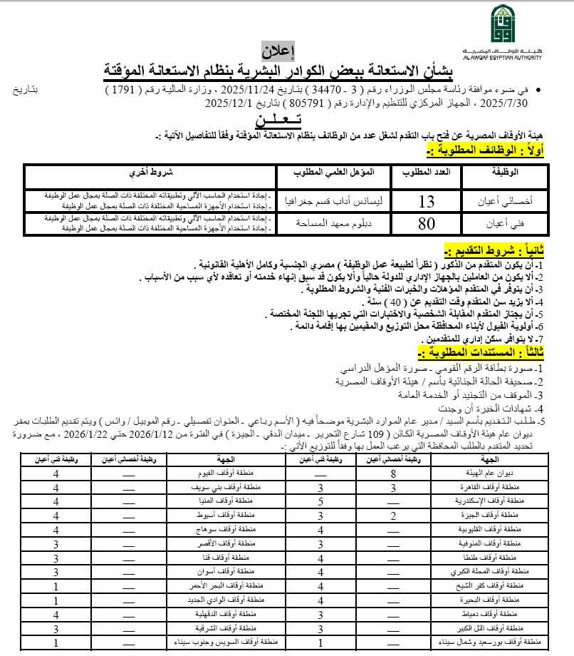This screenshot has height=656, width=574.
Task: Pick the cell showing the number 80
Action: [x=426, y=223]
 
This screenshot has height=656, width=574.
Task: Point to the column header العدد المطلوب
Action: [x=426, y=173]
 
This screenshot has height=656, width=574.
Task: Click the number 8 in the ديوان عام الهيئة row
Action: [x=392, y=473]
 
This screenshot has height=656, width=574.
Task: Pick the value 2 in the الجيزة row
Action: [x=392, y=516]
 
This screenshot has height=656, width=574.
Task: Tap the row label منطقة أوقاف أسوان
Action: [x=239, y=573]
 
